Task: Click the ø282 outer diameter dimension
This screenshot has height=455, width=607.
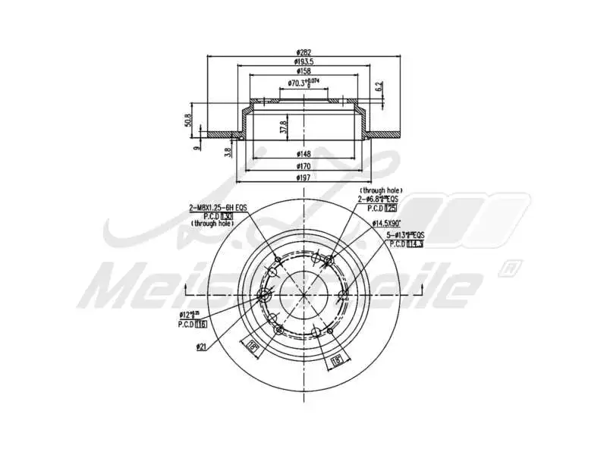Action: (x=303, y=52)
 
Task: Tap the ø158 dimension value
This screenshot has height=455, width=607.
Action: (x=303, y=72)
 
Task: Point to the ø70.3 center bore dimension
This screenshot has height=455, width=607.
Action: (x=303, y=83)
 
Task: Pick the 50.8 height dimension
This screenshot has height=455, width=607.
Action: (x=187, y=120)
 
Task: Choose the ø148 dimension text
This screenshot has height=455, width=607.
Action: (x=303, y=153)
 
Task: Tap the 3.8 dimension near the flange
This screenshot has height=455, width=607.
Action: (x=228, y=151)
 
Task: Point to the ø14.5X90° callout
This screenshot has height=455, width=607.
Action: (x=388, y=223)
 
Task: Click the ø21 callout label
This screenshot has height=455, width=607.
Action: (x=201, y=347)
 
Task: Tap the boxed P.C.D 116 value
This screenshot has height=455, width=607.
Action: (x=201, y=324)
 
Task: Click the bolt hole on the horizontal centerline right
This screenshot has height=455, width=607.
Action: (x=343, y=294)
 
